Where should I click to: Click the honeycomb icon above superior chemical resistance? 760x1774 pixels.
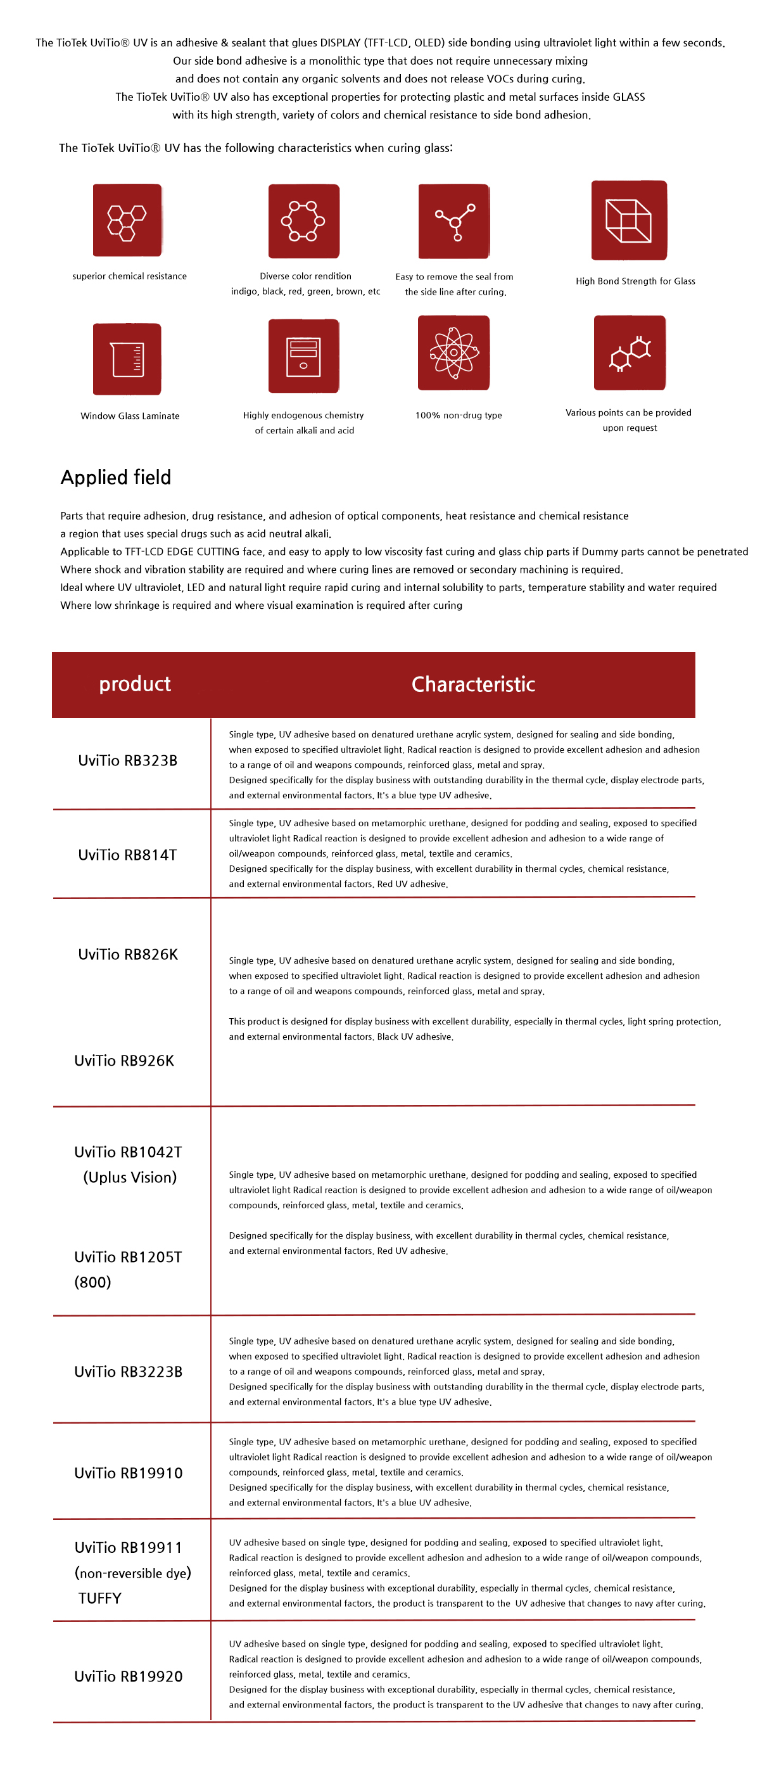tap(127, 220)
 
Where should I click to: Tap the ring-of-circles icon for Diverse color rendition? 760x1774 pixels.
tap(303, 221)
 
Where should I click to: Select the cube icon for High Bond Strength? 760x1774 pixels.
tap(628, 220)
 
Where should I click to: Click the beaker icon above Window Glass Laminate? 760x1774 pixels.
tap(127, 359)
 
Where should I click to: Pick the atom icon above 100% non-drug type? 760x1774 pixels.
tap(453, 353)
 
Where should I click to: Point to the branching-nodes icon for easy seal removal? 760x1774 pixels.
tap(453, 221)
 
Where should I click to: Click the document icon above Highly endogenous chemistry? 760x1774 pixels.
tap(303, 356)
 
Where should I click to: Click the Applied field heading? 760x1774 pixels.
tap(116, 476)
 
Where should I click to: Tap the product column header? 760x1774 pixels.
tap(135, 684)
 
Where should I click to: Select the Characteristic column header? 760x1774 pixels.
tap(473, 684)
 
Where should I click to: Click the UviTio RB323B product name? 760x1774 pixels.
tap(128, 760)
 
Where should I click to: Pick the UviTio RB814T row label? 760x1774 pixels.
tap(128, 855)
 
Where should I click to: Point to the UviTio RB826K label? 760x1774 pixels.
tap(128, 955)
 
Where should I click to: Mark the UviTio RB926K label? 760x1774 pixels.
tap(125, 1061)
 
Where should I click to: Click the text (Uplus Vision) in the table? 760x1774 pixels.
tap(130, 1178)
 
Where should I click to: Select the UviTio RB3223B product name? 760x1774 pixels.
tap(129, 1372)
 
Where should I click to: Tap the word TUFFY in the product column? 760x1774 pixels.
tap(100, 1599)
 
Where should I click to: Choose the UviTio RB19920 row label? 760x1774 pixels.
tap(129, 1676)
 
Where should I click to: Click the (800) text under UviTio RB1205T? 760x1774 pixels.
tap(93, 1282)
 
